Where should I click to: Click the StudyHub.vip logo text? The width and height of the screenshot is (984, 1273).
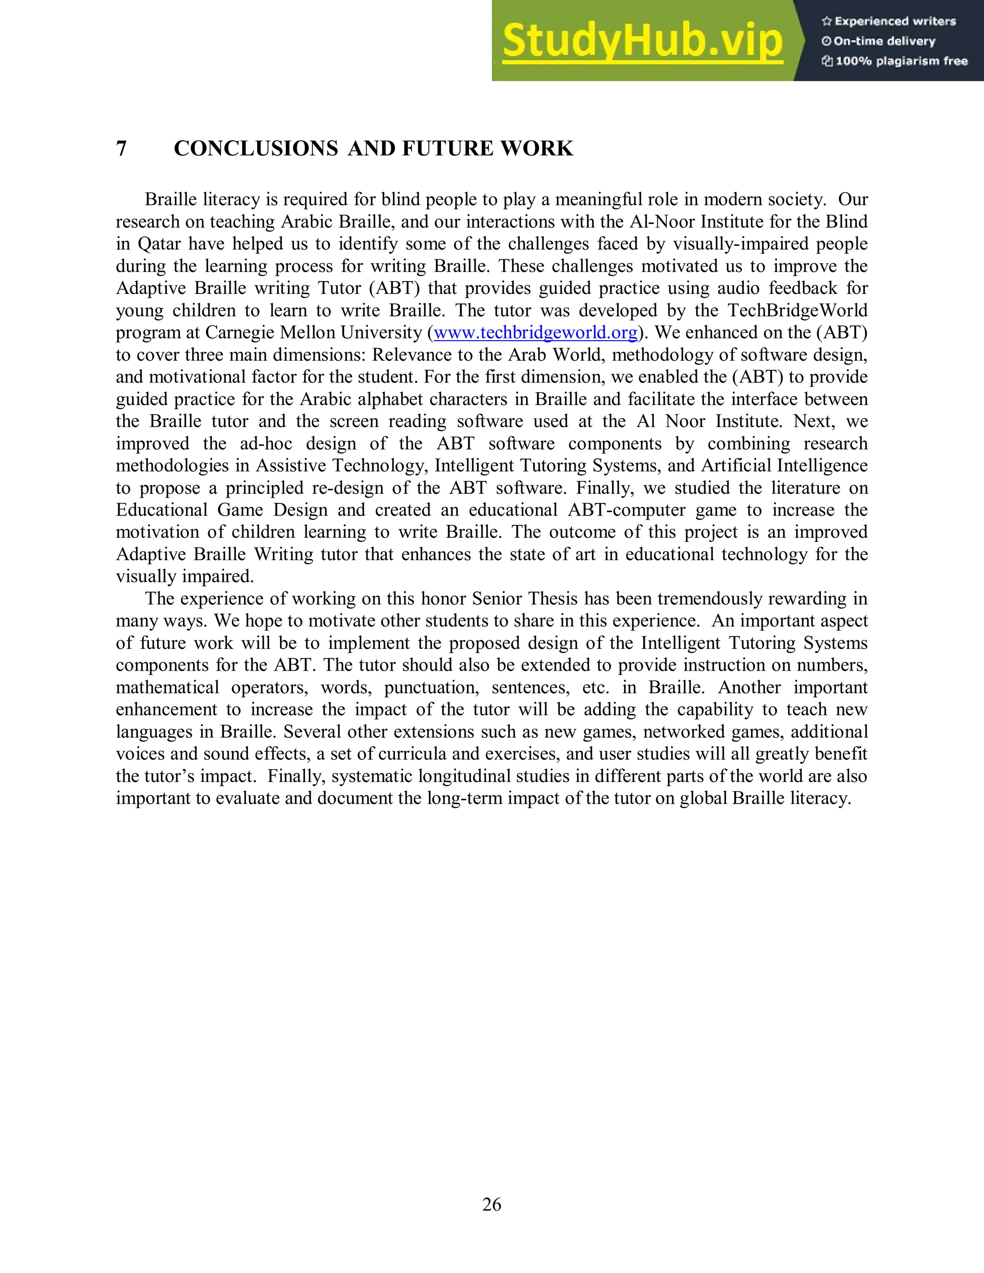tap(642, 41)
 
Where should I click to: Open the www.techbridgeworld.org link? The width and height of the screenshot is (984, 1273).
tap(535, 333)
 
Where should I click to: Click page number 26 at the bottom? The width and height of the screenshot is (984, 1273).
tap(492, 1204)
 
